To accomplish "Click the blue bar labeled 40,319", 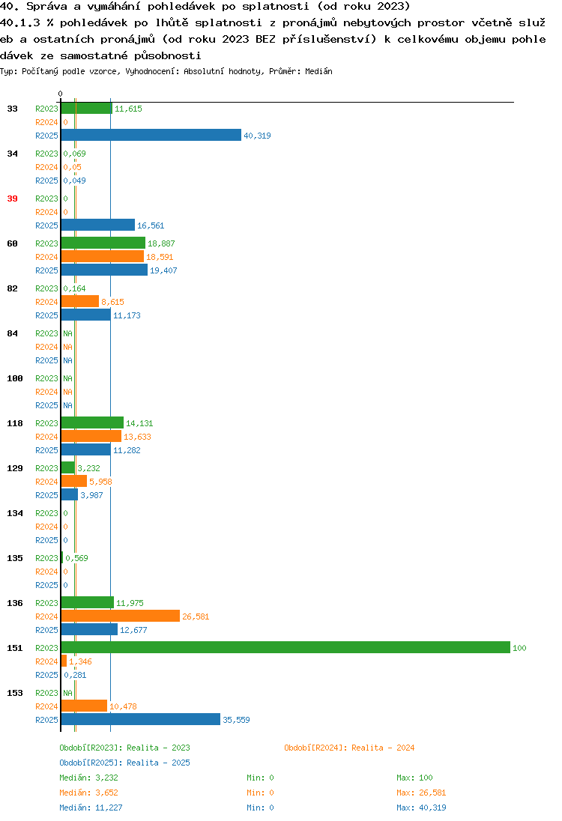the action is point(151,135).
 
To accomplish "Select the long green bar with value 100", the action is point(285,648).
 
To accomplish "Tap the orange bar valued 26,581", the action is point(121,616).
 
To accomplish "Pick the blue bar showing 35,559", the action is point(141,719).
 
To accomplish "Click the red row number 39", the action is point(12,199).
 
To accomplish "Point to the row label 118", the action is point(15,423).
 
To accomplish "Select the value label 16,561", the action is point(151,225).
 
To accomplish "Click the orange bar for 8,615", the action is point(80,302).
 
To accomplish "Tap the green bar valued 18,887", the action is point(103,243).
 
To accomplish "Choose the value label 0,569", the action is point(76,558).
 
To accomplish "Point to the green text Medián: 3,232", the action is point(88,778).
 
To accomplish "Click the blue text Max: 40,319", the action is point(421,808).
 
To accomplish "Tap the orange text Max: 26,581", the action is point(421,793).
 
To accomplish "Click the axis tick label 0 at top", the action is point(60,94).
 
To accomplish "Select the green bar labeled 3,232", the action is point(68,467).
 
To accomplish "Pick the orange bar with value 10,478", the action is point(85,706).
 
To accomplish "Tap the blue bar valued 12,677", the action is point(90,629).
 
